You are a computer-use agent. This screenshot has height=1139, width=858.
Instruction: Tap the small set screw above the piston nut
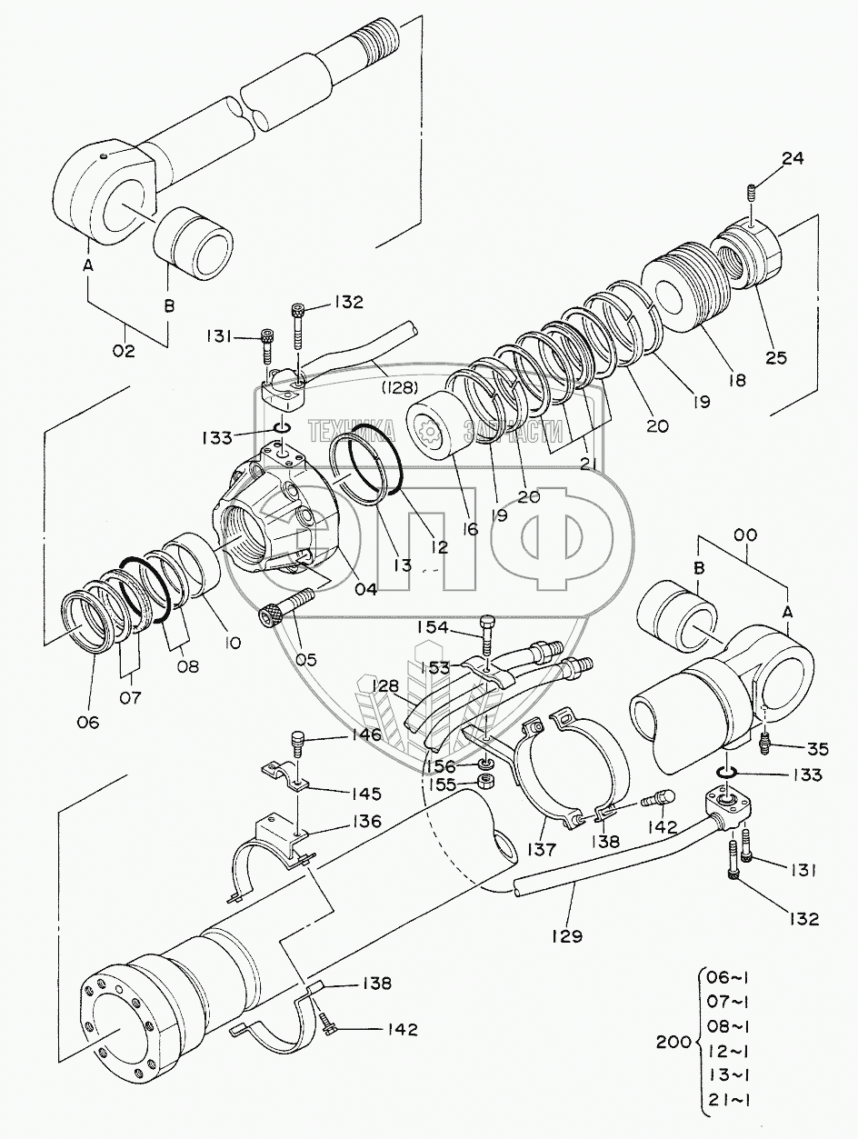tap(753, 193)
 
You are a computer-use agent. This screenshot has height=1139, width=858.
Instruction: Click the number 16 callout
tap(470, 526)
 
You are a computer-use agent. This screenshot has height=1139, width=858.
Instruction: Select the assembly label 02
tap(124, 350)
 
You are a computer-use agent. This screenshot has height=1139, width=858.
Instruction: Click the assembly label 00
tap(744, 538)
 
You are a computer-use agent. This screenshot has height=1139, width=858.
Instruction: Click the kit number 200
tap(673, 1042)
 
